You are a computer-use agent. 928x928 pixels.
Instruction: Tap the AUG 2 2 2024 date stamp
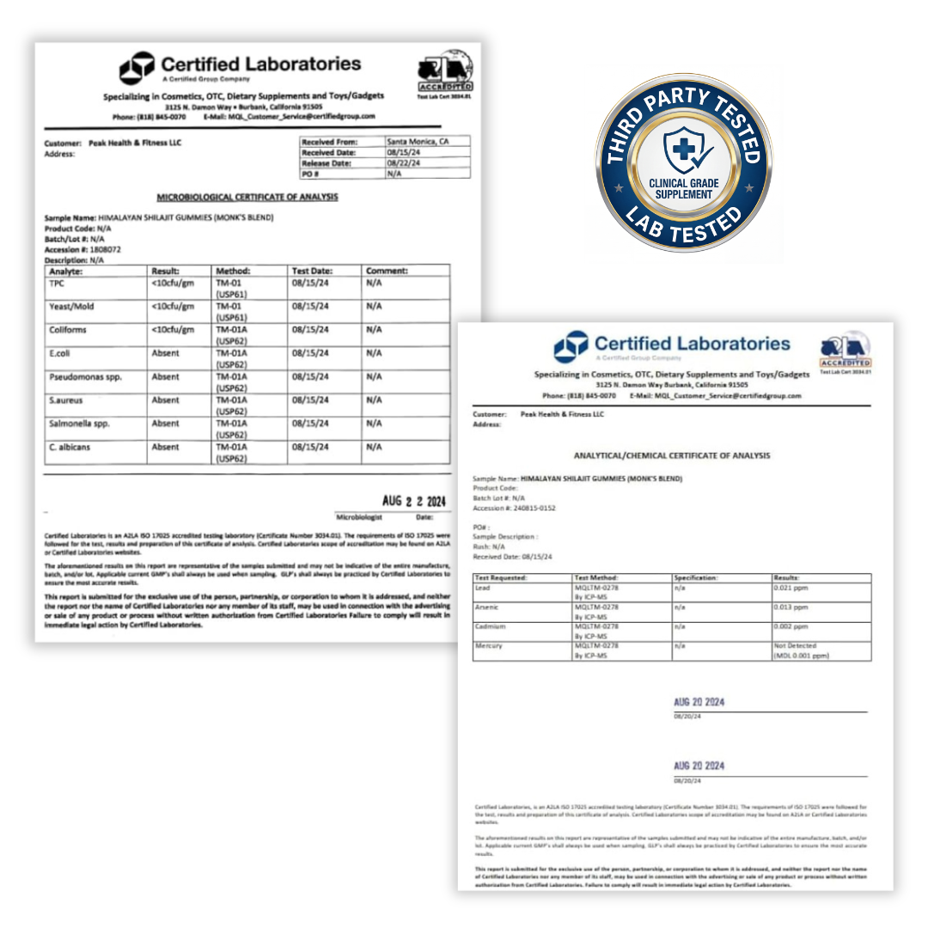click(x=414, y=502)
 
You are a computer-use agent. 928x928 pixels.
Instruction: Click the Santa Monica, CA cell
click(x=418, y=141)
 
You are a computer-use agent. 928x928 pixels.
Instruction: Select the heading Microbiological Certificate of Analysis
click(x=247, y=197)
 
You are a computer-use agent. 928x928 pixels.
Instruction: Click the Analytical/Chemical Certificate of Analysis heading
click(x=672, y=455)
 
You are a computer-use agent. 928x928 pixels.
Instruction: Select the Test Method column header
click(x=596, y=578)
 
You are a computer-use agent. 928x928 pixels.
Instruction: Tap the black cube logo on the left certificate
click(x=136, y=68)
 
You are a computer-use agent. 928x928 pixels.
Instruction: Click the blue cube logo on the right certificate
click(x=571, y=346)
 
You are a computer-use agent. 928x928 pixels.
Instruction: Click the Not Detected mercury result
click(x=796, y=645)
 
